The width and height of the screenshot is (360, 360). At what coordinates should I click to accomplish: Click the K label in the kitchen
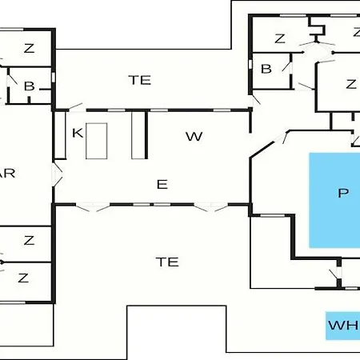(78, 133)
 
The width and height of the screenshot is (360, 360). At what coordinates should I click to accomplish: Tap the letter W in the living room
(194, 137)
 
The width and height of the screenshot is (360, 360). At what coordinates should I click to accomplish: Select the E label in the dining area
(162, 184)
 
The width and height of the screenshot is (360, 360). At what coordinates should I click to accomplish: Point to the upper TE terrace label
(140, 80)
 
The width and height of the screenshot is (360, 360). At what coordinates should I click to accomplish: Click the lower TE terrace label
(167, 262)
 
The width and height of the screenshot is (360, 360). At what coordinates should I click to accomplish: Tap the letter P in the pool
(343, 193)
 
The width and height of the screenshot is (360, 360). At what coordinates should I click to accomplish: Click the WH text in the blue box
(343, 326)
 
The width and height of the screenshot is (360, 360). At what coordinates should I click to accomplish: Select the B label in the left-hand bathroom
(29, 86)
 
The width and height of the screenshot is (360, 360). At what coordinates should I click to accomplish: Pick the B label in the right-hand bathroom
(266, 69)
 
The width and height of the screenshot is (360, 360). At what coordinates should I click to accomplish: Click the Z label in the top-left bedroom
(29, 49)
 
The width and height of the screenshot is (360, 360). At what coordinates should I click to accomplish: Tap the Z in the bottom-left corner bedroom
(23, 278)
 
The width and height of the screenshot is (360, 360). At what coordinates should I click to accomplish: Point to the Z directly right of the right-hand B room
(351, 84)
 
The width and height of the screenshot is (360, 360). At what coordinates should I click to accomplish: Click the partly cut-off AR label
(7, 174)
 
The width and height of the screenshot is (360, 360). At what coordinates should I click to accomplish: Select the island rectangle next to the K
(97, 141)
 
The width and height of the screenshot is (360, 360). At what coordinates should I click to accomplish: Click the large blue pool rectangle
(334, 200)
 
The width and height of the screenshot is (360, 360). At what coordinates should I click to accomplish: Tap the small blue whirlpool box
(342, 326)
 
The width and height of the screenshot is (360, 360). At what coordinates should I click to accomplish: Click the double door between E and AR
(57, 174)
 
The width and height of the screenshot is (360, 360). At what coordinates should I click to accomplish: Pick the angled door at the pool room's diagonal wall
(282, 138)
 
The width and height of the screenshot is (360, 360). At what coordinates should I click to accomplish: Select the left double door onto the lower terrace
(93, 207)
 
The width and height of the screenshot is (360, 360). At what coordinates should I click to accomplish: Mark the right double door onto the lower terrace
(211, 207)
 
